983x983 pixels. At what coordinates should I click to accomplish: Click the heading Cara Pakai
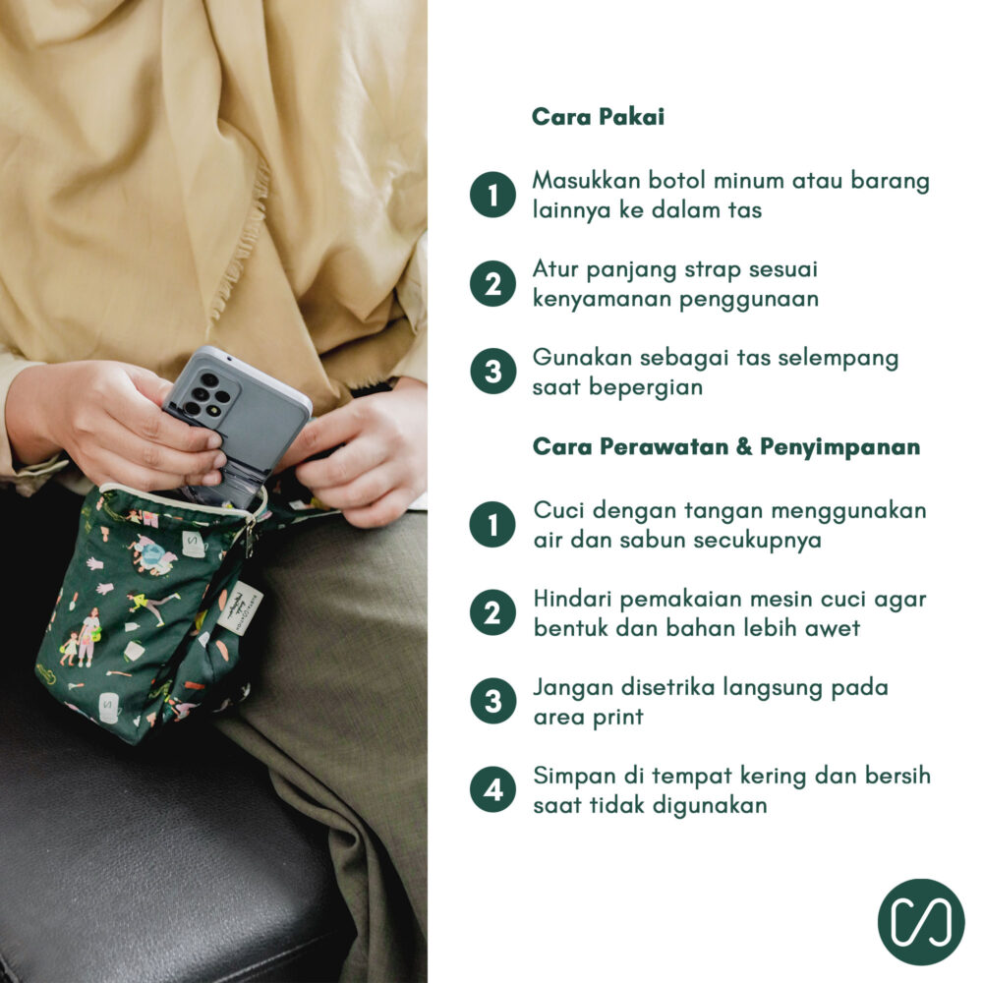tap(598, 117)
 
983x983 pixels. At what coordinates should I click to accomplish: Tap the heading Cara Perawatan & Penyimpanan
tap(726, 446)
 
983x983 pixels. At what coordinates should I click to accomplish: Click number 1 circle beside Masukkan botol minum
tap(492, 195)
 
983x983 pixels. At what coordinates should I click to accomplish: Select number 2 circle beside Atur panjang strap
tap(492, 283)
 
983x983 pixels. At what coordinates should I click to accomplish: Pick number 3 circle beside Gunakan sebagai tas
tap(492, 372)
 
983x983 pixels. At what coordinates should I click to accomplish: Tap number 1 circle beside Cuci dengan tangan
tap(492, 524)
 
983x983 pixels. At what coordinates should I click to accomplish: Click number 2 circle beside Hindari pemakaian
tap(492, 612)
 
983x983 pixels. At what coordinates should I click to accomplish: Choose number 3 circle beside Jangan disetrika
tap(492, 701)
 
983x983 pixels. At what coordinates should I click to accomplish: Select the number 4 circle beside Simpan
tap(492, 789)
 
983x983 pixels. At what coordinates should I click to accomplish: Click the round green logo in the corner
tap(921, 922)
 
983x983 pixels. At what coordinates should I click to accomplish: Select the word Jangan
tap(572, 688)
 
